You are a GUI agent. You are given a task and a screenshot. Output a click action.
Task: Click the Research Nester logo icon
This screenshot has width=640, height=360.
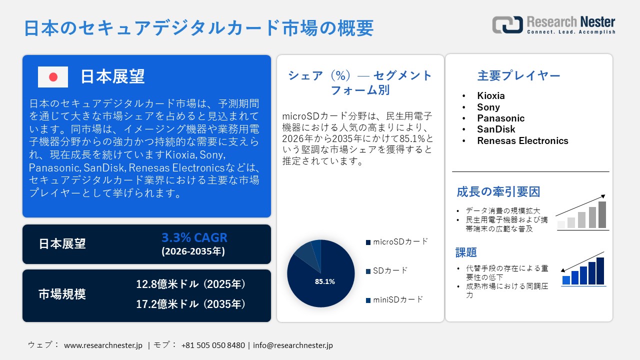(507, 24)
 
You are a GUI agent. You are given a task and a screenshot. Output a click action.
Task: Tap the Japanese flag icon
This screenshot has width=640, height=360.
(53, 76)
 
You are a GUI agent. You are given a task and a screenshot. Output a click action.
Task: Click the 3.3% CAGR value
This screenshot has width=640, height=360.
(194, 238)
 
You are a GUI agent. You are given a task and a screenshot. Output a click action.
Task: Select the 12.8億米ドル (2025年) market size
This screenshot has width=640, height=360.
(191, 284)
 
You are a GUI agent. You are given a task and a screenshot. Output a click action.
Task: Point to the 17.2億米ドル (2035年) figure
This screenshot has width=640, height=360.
(191, 304)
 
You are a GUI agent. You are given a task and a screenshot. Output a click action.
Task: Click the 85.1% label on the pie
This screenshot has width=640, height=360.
(324, 281)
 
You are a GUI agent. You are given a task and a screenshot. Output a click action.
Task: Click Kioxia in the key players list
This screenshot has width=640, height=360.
(490, 95)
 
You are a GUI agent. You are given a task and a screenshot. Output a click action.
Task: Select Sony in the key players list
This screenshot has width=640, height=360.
(488, 107)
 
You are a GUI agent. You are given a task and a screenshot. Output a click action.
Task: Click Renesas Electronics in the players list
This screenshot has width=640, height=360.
(522, 140)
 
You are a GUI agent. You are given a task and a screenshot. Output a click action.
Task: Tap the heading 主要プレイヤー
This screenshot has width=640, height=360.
(518, 75)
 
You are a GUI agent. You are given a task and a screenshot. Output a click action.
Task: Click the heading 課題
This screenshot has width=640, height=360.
(466, 252)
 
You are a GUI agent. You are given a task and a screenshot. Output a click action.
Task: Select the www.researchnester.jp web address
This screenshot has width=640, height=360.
(103, 345)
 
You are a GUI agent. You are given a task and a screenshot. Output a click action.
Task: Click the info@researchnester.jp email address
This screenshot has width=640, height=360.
(293, 345)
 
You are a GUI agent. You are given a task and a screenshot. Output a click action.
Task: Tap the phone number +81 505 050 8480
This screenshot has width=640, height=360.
(213, 345)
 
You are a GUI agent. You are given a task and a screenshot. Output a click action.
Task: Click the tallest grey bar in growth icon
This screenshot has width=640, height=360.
(602, 214)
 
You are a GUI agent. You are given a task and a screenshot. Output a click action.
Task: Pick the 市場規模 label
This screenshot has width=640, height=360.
(62, 294)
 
